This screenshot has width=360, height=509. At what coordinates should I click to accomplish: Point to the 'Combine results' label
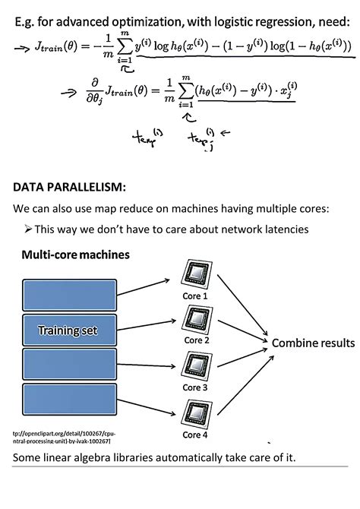pyautogui.click(x=313, y=343)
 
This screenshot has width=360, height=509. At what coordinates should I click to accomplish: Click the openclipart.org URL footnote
pyautogui.click(x=57, y=435)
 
